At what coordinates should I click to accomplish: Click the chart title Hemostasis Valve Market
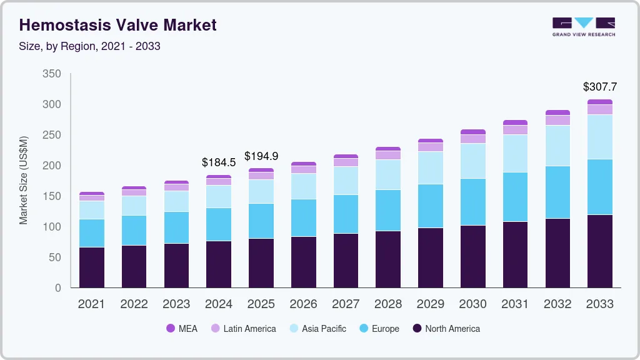118,25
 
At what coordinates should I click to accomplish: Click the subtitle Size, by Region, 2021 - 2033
90,46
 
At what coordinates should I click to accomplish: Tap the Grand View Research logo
583,26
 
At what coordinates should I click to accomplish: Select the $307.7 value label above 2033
599,87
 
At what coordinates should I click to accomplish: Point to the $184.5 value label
219,162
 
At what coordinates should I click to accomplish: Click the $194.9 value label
261,156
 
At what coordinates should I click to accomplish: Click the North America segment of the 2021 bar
92,267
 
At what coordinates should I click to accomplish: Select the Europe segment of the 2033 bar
599,187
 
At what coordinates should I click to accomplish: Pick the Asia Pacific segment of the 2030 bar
472,161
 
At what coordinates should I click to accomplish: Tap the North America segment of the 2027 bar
346,261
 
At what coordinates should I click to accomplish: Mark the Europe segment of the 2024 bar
219,224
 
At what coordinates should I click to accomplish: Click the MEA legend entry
181,329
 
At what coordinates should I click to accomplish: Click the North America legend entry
446,329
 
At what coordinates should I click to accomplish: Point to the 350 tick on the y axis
52,74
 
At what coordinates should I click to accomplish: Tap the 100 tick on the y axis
52,227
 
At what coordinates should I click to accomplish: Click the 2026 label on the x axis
303,304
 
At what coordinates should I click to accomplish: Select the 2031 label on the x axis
515,304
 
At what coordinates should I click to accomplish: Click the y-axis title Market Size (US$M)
24,180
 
